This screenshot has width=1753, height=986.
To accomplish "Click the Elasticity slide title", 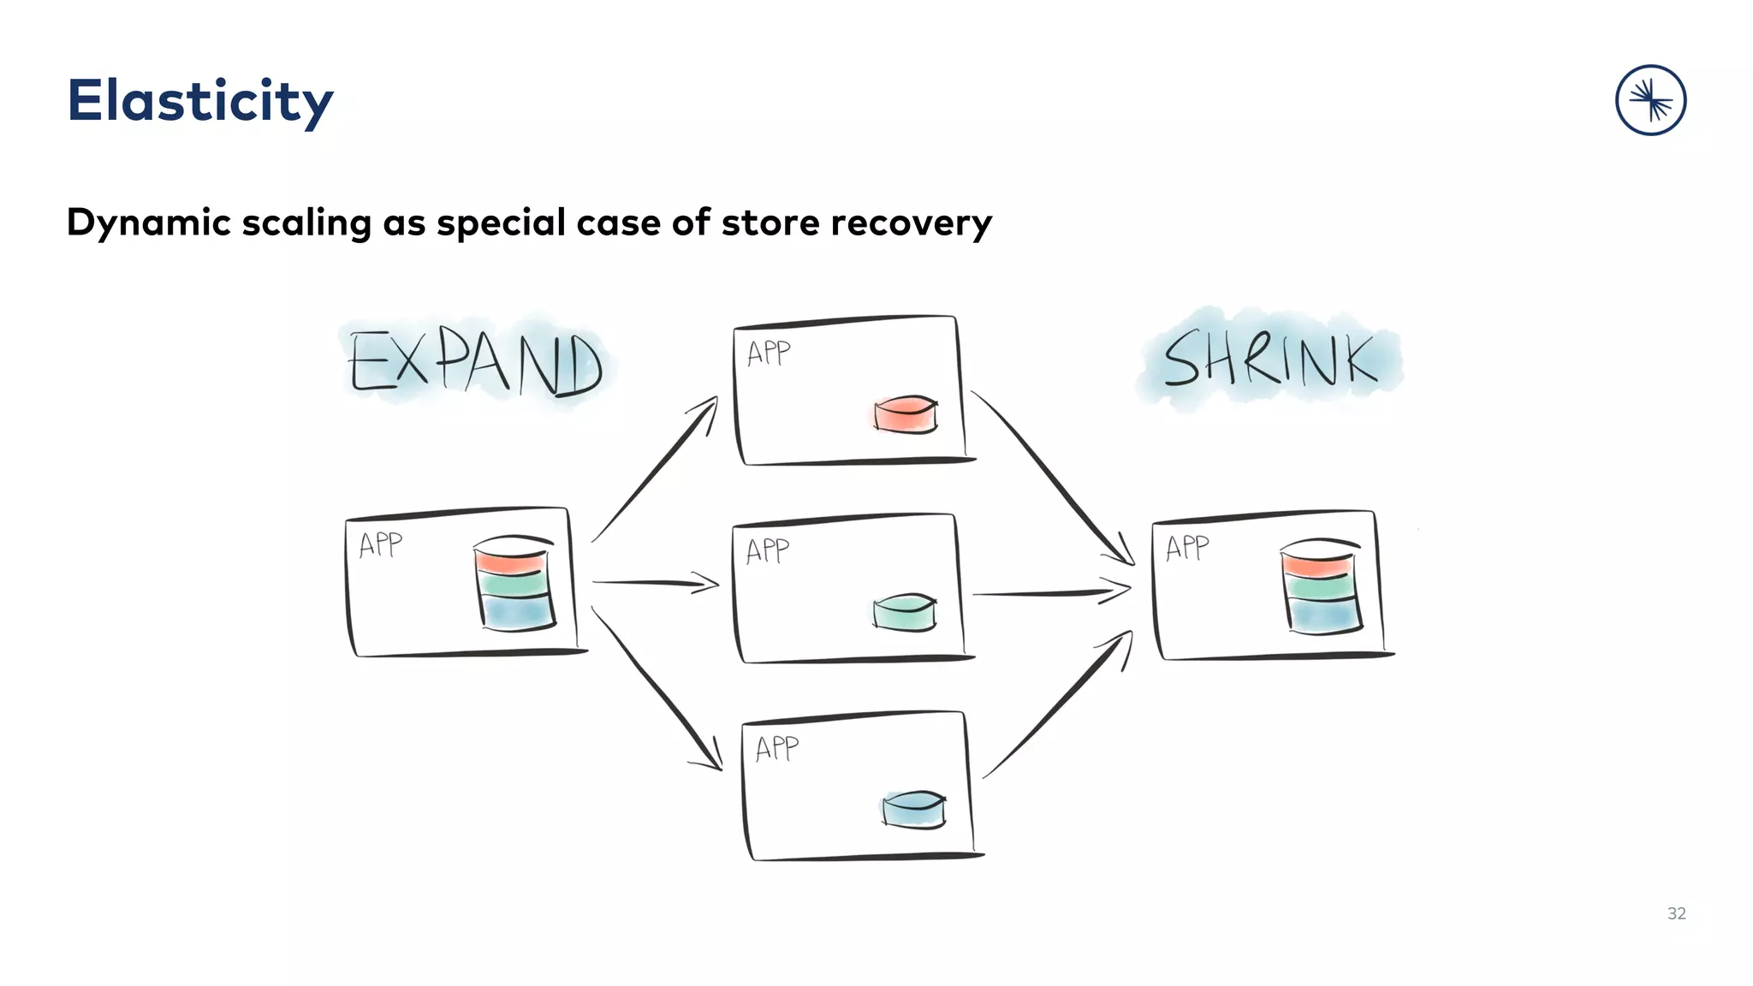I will pyautogui.click(x=199, y=101).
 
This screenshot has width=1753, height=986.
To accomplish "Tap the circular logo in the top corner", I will pyautogui.click(x=1650, y=100).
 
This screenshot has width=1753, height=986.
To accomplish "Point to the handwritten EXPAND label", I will pyautogui.click(x=476, y=364).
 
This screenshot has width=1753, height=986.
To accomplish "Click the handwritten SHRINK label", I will pyautogui.click(x=1270, y=359).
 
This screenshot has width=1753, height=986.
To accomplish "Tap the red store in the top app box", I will pyautogui.click(x=906, y=414).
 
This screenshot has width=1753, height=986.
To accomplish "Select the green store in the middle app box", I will pyautogui.click(x=905, y=613).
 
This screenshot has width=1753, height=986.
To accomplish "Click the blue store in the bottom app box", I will pyautogui.click(x=914, y=809).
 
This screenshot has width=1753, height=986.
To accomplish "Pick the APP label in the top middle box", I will pyautogui.click(x=769, y=353).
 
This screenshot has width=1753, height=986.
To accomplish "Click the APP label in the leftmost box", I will pyautogui.click(x=380, y=544).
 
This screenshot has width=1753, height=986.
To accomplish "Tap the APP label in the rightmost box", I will pyautogui.click(x=1187, y=548).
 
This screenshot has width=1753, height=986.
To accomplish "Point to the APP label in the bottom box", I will pyautogui.click(x=777, y=749).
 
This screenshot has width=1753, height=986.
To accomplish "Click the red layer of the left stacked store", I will pyautogui.click(x=511, y=561).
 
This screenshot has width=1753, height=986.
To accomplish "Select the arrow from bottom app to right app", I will pyautogui.click(x=1059, y=704).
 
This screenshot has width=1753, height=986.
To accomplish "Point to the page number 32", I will pyautogui.click(x=1676, y=913).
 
